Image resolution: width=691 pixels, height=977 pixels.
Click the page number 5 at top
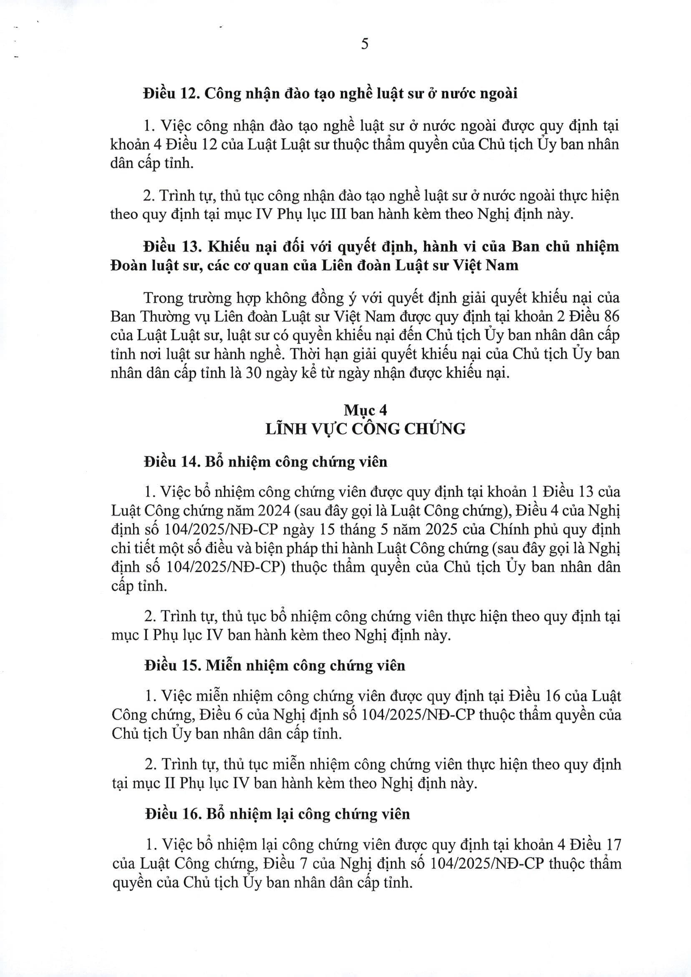pyautogui.click(x=364, y=44)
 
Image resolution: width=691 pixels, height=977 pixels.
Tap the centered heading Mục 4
pyautogui.click(x=365, y=410)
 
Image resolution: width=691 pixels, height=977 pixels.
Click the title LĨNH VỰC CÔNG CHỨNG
pyautogui.click(x=365, y=428)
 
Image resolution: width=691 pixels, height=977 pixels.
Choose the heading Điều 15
pyautogui.click(x=171, y=665)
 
